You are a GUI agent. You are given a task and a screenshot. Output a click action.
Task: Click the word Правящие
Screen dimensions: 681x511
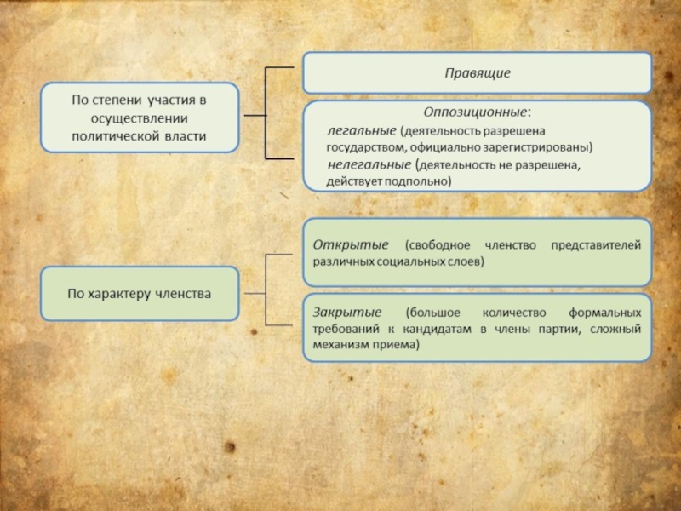(x=478, y=73)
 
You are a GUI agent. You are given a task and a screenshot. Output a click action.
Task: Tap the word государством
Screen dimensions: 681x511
(x=362, y=147)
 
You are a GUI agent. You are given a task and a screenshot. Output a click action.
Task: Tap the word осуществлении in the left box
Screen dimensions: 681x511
(x=140, y=118)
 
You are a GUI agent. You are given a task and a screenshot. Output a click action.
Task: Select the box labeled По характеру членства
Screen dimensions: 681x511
(x=140, y=294)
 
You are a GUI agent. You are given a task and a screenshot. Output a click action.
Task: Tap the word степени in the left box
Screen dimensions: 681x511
(x=114, y=100)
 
